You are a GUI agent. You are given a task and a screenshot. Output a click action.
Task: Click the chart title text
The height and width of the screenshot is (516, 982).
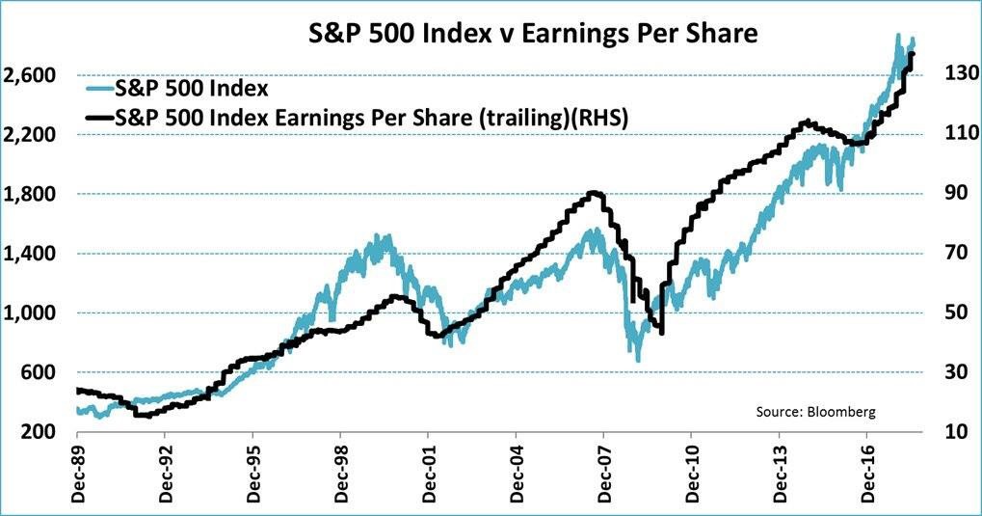coord(532,34)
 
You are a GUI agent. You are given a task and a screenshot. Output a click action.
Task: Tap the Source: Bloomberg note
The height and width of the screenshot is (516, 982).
coord(815,411)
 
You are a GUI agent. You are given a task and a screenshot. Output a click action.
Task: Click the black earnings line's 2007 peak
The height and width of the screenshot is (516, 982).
coord(595,193)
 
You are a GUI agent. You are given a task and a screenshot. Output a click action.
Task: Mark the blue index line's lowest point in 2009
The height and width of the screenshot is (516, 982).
coord(637,360)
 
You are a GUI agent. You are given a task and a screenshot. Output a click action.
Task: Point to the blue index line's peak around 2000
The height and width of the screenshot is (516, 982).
coord(387,235)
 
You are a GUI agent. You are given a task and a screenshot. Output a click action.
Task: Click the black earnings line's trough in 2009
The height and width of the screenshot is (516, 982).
coord(661,333)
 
